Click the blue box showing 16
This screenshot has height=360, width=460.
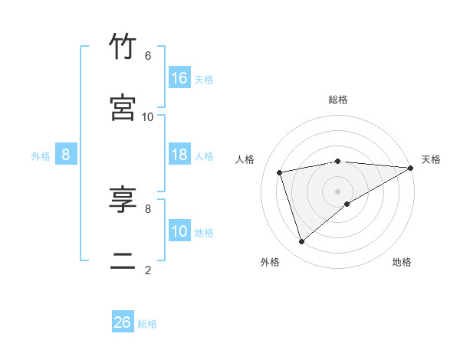pyautogui.click(x=179, y=78)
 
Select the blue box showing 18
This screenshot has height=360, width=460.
pyautogui.click(x=179, y=155)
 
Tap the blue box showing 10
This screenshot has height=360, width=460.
pyautogui.click(x=179, y=231)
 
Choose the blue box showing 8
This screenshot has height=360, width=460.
pyautogui.click(x=66, y=155)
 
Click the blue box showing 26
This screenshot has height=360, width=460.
pyautogui.click(x=123, y=322)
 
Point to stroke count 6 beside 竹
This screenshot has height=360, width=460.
pyautogui.click(x=148, y=56)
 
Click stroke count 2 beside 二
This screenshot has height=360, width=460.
pyautogui.click(x=148, y=270)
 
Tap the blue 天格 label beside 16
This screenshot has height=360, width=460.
pyautogui.click(x=204, y=79)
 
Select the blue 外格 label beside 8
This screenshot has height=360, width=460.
pyautogui.click(x=41, y=155)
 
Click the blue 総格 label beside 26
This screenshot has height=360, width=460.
pyautogui.click(x=147, y=323)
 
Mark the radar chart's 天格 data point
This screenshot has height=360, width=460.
pyautogui.click(x=411, y=168)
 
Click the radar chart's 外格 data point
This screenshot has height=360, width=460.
pyautogui.click(x=301, y=242)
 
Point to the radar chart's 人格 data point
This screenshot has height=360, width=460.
pyautogui.click(x=280, y=172)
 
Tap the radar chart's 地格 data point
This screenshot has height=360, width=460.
pyautogui.click(x=347, y=203)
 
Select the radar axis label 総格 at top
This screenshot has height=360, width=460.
pyautogui.click(x=338, y=100)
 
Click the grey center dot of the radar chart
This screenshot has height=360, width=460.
pyautogui.click(x=338, y=191)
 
